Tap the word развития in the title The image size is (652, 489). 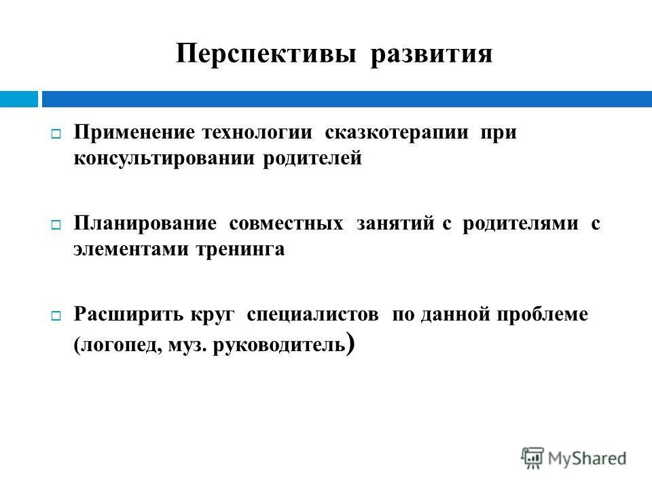pos(431,54)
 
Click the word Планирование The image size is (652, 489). pos(145,223)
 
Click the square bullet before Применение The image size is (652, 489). pos(56,133)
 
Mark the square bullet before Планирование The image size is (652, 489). pos(56,224)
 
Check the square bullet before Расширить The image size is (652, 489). pos(56,315)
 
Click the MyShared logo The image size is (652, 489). pos(574,457)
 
